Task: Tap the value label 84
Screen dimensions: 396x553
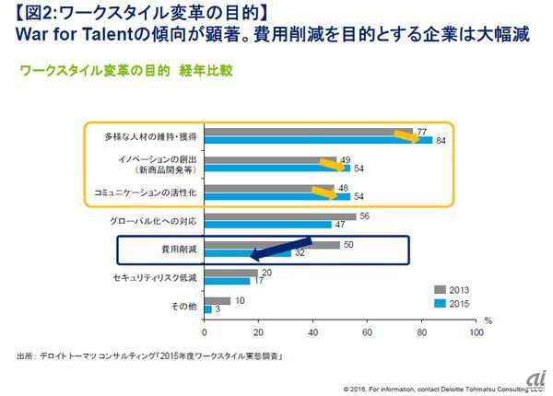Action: click(441, 141)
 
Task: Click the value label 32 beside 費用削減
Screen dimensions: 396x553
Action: click(299, 253)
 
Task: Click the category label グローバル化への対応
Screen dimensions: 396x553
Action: click(158, 220)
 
